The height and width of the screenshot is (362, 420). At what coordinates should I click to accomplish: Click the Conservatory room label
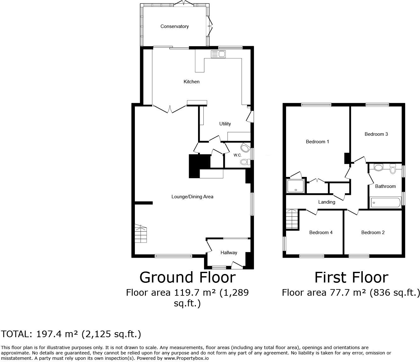174,26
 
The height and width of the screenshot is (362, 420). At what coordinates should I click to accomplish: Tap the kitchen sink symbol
218,54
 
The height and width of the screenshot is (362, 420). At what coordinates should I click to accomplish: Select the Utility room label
225,124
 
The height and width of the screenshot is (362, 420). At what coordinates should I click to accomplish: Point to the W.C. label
237,155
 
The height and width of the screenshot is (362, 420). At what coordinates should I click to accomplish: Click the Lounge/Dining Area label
192,197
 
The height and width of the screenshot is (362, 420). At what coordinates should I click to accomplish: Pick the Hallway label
229,253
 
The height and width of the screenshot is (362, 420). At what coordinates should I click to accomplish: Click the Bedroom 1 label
318,142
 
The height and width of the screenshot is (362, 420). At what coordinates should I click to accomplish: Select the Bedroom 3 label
376,134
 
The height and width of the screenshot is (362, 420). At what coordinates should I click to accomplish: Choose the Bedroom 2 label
373,233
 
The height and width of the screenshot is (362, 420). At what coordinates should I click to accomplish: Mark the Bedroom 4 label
321,233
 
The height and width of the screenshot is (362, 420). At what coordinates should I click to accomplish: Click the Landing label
327,202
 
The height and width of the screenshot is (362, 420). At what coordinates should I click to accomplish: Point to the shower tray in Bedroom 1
296,186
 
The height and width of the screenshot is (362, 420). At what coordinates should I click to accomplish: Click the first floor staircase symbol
292,219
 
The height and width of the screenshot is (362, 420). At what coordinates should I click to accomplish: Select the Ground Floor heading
187,277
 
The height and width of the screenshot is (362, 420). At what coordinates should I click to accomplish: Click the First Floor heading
351,277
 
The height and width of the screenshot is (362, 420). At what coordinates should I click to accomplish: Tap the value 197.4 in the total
48,334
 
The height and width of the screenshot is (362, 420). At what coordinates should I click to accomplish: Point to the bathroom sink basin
379,167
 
